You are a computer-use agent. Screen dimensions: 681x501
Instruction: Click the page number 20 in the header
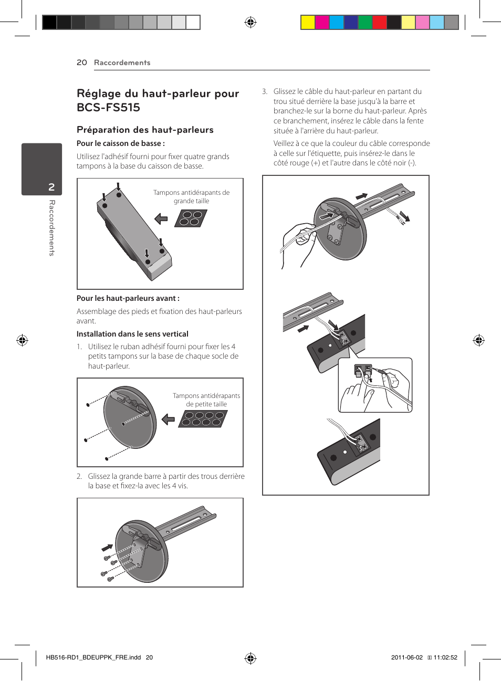(x=81, y=62)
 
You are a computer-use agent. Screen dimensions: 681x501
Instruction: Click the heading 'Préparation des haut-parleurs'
(x=145, y=130)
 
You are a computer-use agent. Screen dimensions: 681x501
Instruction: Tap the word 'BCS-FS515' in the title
(x=108, y=108)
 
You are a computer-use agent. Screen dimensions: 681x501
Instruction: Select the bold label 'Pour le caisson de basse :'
(x=121, y=143)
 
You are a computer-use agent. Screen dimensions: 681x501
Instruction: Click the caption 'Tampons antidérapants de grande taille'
(x=191, y=197)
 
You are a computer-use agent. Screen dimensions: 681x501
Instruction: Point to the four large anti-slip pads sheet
(x=191, y=218)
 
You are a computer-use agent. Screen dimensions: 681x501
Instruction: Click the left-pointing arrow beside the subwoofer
(x=161, y=218)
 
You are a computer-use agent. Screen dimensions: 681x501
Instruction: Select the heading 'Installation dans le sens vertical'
(x=132, y=334)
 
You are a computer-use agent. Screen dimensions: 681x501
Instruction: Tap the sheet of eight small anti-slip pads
(x=203, y=418)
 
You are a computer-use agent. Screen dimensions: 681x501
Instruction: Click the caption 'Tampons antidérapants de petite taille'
(x=206, y=400)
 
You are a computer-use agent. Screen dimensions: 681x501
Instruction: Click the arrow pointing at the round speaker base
(x=168, y=419)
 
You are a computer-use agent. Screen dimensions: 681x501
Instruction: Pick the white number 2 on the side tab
(x=51, y=187)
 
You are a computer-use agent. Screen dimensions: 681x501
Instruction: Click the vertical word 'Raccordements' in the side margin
(x=52, y=227)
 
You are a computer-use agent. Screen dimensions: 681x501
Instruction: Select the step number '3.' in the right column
(x=265, y=91)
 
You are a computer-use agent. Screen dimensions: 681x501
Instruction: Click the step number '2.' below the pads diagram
(x=79, y=476)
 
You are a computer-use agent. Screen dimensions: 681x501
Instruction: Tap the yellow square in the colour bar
(x=308, y=22)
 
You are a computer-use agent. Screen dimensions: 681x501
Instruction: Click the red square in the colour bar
(x=379, y=22)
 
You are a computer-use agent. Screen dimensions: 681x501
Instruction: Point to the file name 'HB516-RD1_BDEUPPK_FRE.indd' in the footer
(x=93, y=657)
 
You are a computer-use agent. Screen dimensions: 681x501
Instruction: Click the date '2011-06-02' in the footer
(x=406, y=657)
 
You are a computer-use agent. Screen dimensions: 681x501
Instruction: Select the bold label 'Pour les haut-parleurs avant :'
(x=128, y=298)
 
